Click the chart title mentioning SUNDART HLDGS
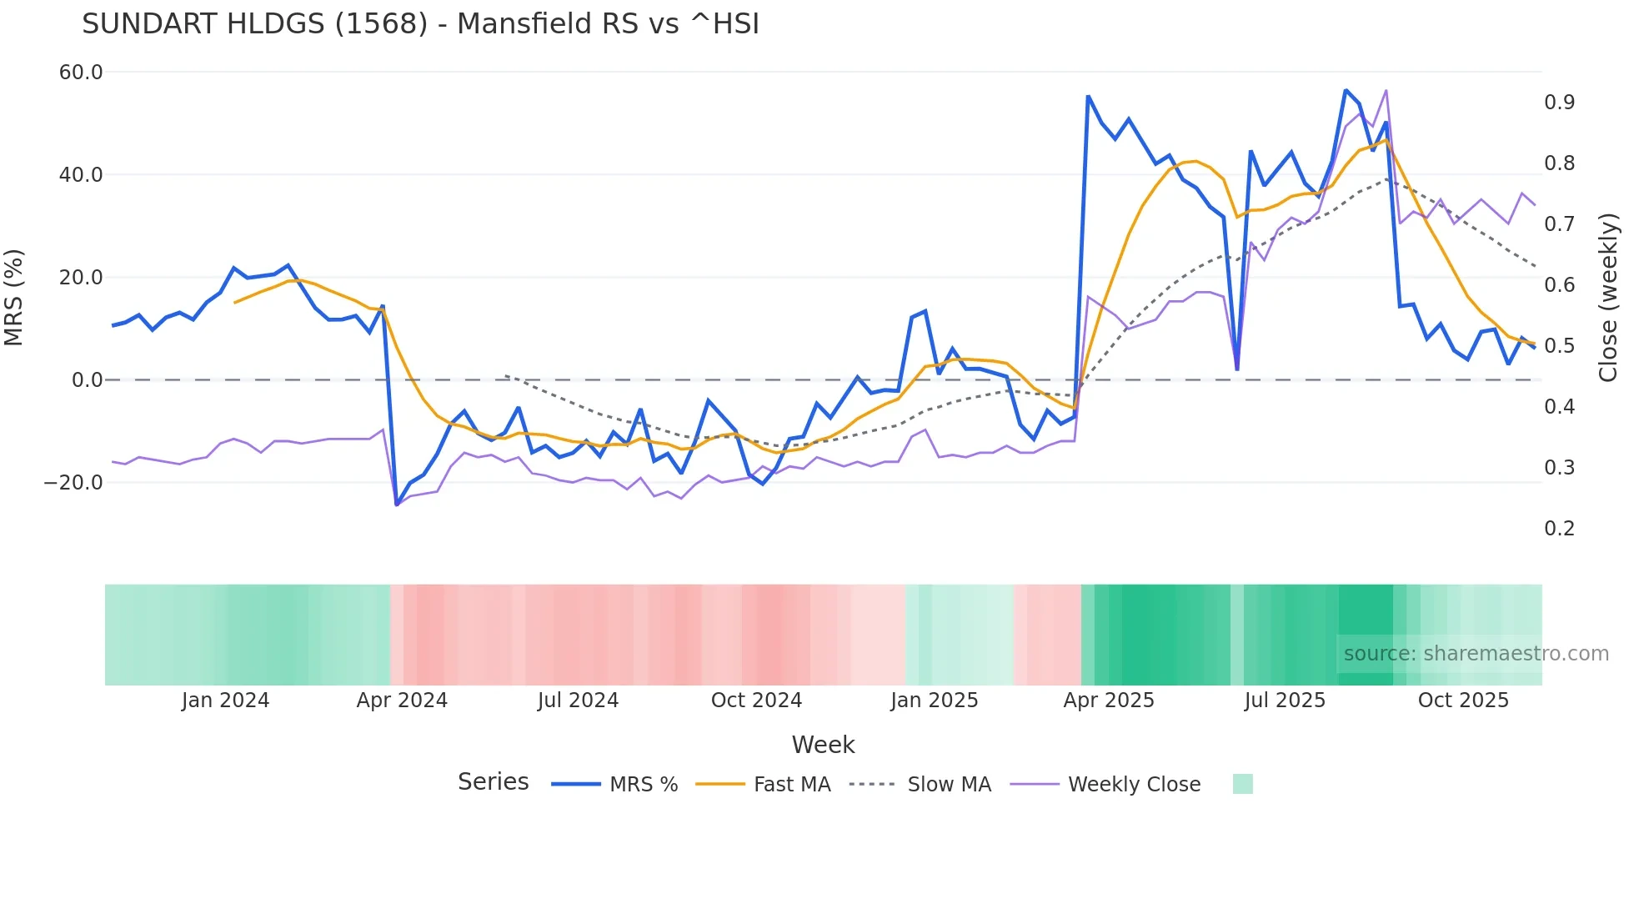tap(420, 24)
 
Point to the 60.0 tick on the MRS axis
tap(81, 73)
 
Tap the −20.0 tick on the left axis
tap(73, 483)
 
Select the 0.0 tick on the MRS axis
tap(87, 380)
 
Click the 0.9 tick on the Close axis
tap(1559, 103)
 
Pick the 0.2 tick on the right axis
tap(1559, 529)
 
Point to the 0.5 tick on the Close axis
tap(1559, 346)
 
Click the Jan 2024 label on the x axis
tap(225, 701)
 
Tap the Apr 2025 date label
tap(1109, 701)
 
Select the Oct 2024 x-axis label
tap(756, 701)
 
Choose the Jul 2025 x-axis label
tap(1285, 701)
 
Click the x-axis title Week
tap(823, 745)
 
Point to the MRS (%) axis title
tap(14, 298)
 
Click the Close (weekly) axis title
tap(1608, 298)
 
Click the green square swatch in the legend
tap(1242, 784)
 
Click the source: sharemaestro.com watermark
tap(1476, 654)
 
